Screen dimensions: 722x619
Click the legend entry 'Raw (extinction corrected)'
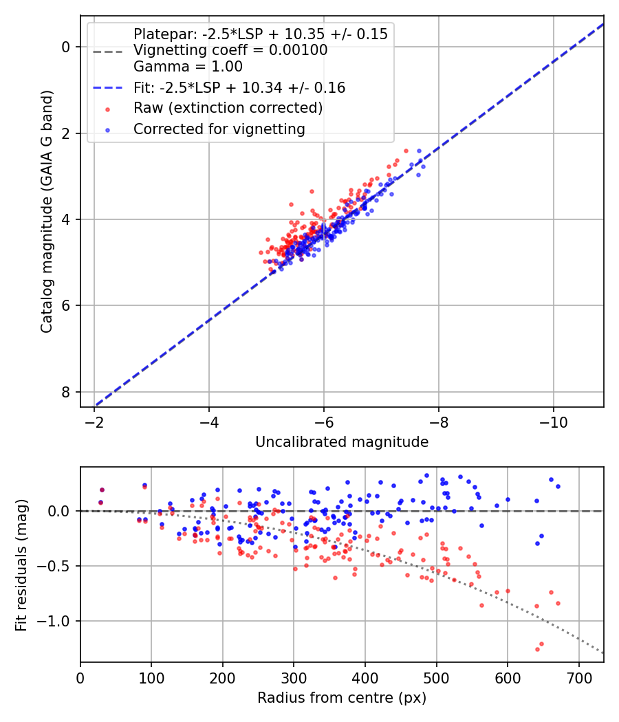tap(228, 108)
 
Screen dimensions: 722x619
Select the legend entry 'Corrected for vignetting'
tap(219, 129)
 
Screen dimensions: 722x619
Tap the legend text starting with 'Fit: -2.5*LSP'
tap(239, 87)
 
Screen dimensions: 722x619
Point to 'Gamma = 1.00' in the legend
tap(188, 67)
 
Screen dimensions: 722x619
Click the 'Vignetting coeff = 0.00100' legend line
tap(230, 50)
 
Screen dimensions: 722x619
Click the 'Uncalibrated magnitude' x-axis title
tap(342, 442)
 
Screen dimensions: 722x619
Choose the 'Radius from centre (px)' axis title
tap(342, 698)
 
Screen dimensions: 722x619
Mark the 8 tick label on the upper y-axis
tap(66, 392)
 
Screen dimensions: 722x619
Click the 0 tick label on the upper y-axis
tap(66, 47)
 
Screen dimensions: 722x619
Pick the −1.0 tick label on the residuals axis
tap(58, 621)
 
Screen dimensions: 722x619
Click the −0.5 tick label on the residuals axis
tap(58, 566)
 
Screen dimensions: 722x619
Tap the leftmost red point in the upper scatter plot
tap(261, 252)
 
